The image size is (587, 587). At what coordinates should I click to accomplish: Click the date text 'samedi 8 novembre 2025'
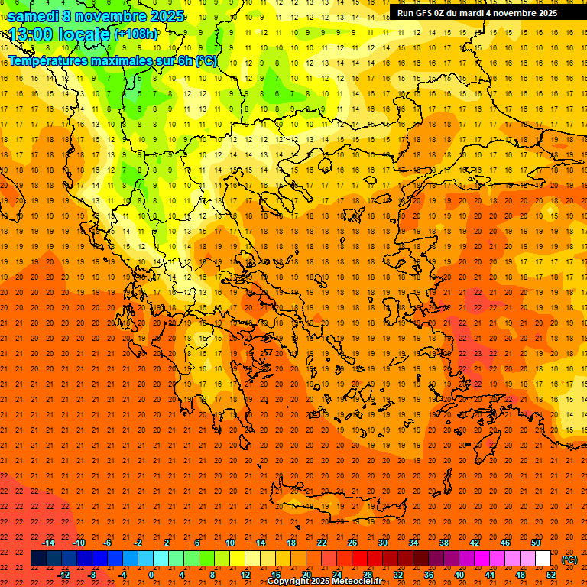(x=96, y=16)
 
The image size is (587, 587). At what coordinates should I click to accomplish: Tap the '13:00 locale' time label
(x=60, y=34)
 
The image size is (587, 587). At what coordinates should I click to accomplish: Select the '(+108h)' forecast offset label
(x=136, y=34)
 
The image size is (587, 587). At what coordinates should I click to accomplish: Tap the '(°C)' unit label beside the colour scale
(x=569, y=559)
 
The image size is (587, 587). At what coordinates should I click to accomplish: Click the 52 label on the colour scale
(x=551, y=575)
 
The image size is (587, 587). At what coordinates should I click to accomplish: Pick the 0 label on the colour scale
(x=151, y=575)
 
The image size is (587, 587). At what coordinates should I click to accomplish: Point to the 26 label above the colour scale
(x=352, y=543)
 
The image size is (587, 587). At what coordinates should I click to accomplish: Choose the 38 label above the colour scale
(x=444, y=543)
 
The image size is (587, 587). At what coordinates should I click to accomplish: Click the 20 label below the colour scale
(x=306, y=575)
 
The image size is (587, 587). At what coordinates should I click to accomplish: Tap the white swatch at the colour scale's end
(x=543, y=559)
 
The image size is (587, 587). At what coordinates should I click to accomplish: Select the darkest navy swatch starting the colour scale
(x=38, y=559)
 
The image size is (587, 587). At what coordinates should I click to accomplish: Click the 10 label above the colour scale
(x=230, y=543)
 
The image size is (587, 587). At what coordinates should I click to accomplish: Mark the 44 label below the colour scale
(x=490, y=575)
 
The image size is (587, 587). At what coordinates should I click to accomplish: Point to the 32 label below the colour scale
(x=398, y=575)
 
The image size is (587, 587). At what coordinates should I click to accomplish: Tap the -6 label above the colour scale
(x=108, y=543)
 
